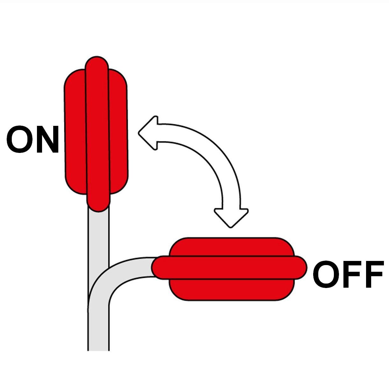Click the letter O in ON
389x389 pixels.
coord(20,139)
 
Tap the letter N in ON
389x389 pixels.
coord(47,140)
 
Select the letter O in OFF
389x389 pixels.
coord(326,274)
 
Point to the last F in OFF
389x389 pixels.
coord(373,274)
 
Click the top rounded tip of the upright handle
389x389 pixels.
coord(97,64)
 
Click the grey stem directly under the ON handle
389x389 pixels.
coord(98,236)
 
